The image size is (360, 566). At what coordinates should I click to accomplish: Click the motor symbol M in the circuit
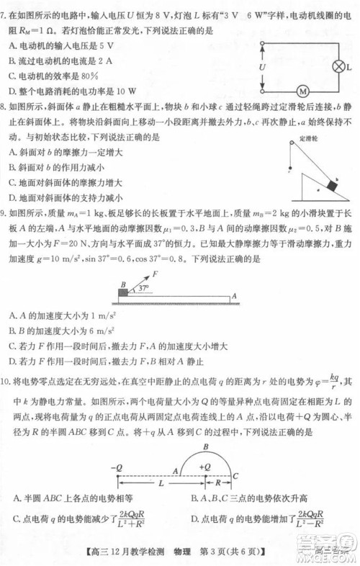[303, 91]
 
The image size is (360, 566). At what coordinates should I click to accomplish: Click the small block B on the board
[123, 293]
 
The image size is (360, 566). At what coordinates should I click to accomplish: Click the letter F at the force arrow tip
[154, 274]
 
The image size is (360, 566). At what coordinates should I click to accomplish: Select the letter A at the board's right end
[234, 296]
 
